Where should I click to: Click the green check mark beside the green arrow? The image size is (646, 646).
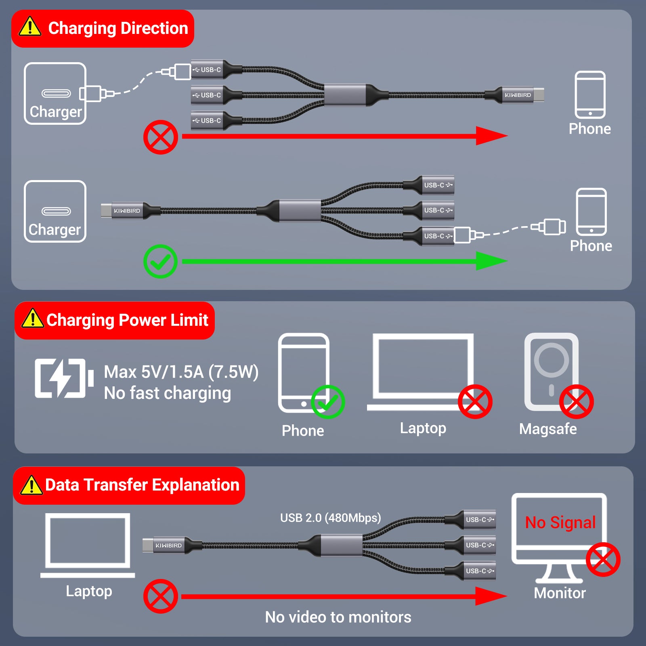pyautogui.click(x=160, y=261)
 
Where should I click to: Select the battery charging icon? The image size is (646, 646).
pyautogui.click(x=64, y=378)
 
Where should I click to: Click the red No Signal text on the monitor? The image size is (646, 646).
pyautogui.click(x=560, y=522)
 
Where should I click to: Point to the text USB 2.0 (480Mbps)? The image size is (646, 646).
pyautogui.click(x=330, y=518)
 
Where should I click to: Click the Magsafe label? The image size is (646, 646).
pyautogui.click(x=548, y=429)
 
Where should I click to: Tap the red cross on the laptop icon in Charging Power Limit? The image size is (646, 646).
pyautogui.click(x=475, y=401)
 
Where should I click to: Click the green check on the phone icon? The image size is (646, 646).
pyautogui.click(x=327, y=402)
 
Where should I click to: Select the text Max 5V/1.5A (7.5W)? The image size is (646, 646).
pyautogui.click(x=181, y=372)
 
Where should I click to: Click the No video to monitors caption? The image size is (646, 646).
pyautogui.click(x=338, y=617)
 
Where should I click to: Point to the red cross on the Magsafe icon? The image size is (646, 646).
pyautogui.click(x=576, y=401)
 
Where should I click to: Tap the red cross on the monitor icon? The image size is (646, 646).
pyautogui.click(x=603, y=560)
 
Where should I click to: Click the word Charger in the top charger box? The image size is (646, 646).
pyautogui.click(x=56, y=111)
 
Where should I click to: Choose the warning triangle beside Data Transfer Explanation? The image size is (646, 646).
pyautogui.click(x=31, y=485)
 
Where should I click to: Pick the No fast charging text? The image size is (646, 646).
pyautogui.click(x=168, y=393)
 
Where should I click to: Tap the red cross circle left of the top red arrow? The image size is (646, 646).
pyautogui.click(x=161, y=137)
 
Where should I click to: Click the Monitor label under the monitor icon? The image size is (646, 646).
pyautogui.click(x=560, y=593)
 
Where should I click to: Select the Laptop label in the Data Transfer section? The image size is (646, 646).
pyautogui.click(x=89, y=591)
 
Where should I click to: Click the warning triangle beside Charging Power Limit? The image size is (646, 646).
pyautogui.click(x=32, y=319)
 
